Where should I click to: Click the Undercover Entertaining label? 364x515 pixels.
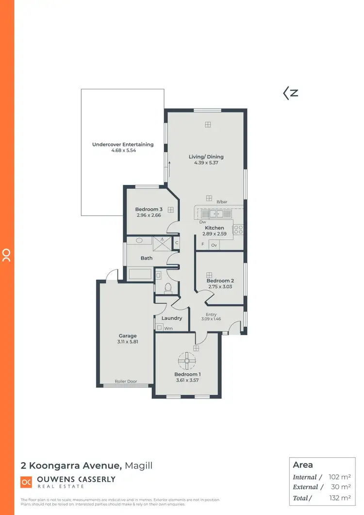click(x=123, y=144)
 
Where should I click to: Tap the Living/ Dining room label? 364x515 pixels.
click(x=206, y=157)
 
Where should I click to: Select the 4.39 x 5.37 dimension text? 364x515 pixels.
click(x=206, y=163)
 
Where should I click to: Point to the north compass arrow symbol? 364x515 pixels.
click(x=290, y=93)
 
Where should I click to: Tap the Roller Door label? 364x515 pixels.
click(x=126, y=382)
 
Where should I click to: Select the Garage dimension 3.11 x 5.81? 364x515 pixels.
click(x=128, y=342)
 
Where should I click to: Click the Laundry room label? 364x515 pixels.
click(x=172, y=318)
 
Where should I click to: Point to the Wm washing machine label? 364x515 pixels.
click(x=168, y=329)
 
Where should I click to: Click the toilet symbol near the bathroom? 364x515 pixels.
click(x=168, y=289)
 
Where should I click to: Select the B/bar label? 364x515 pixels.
click(x=222, y=201)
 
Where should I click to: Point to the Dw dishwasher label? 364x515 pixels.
click(x=202, y=222)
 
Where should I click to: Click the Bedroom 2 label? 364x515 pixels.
click(x=220, y=281)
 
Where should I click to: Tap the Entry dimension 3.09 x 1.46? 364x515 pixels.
click(x=211, y=319)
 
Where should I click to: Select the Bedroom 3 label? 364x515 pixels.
click(x=149, y=209)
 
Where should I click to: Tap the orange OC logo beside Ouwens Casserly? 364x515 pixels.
click(x=26, y=482)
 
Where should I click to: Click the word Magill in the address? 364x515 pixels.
click(x=139, y=466)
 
